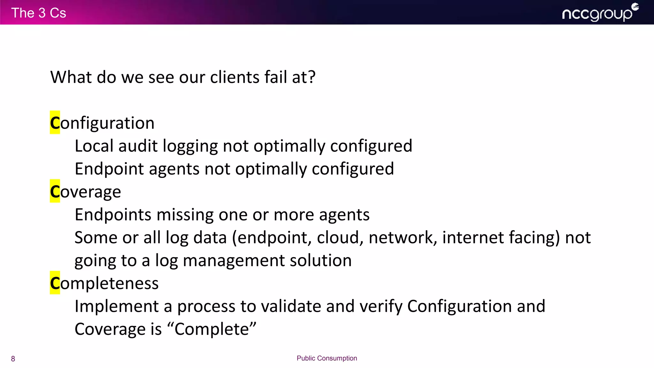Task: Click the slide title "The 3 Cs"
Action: (x=39, y=13)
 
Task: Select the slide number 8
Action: (x=13, y=359)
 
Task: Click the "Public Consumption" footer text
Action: (x=327, y=358)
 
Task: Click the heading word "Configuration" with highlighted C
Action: (x=102, y=123)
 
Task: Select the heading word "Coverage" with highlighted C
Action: (x=86, y=192)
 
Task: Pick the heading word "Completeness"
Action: (x=104, y=283)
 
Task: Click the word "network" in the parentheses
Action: (x=403, y=238)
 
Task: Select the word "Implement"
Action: (x=117, y=307)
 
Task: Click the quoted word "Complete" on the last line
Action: (x=212, y=329)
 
